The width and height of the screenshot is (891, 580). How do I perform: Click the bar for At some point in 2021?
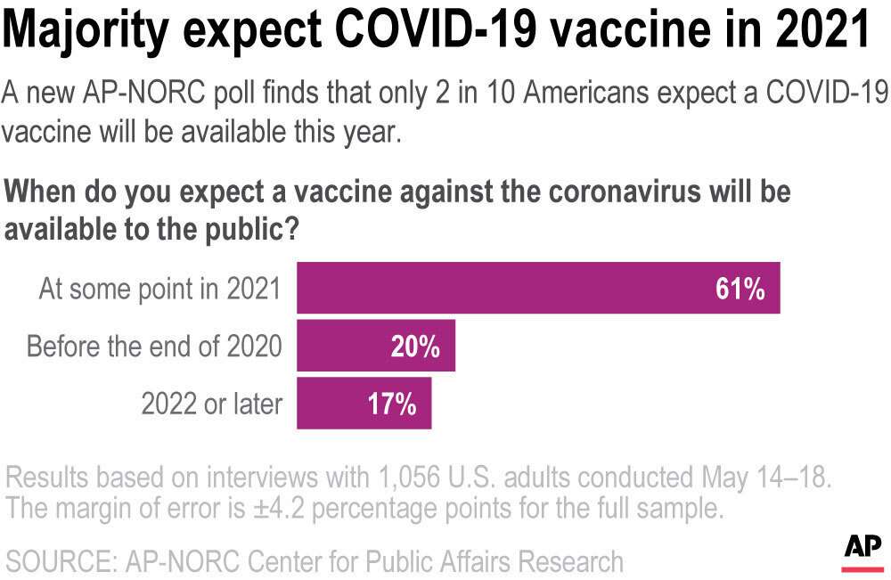(538, 288)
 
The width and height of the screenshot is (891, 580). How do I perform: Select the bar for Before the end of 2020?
(375, 346)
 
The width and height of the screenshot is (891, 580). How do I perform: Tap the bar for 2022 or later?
(364, 404)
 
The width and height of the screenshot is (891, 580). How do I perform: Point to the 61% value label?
(740, 289)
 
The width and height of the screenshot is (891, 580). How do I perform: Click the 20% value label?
(415, 347)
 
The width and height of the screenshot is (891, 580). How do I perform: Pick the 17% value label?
(392, 404)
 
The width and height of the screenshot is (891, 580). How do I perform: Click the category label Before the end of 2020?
(154, 347)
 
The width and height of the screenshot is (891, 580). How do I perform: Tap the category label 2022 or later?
(212, 404)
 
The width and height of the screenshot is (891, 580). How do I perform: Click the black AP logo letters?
(862, 545)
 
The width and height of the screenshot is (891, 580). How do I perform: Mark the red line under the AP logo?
(862, 568)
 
